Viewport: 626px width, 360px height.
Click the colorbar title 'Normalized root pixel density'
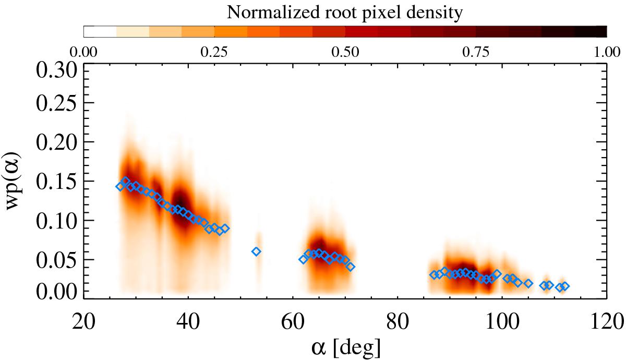point(345,13)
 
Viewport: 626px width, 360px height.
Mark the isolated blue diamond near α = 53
point(256,251)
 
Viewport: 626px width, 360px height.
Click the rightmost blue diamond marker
point(564,286)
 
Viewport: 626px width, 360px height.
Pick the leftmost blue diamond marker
point(120,187)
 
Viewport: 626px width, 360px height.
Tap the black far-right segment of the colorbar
point(591,31)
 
